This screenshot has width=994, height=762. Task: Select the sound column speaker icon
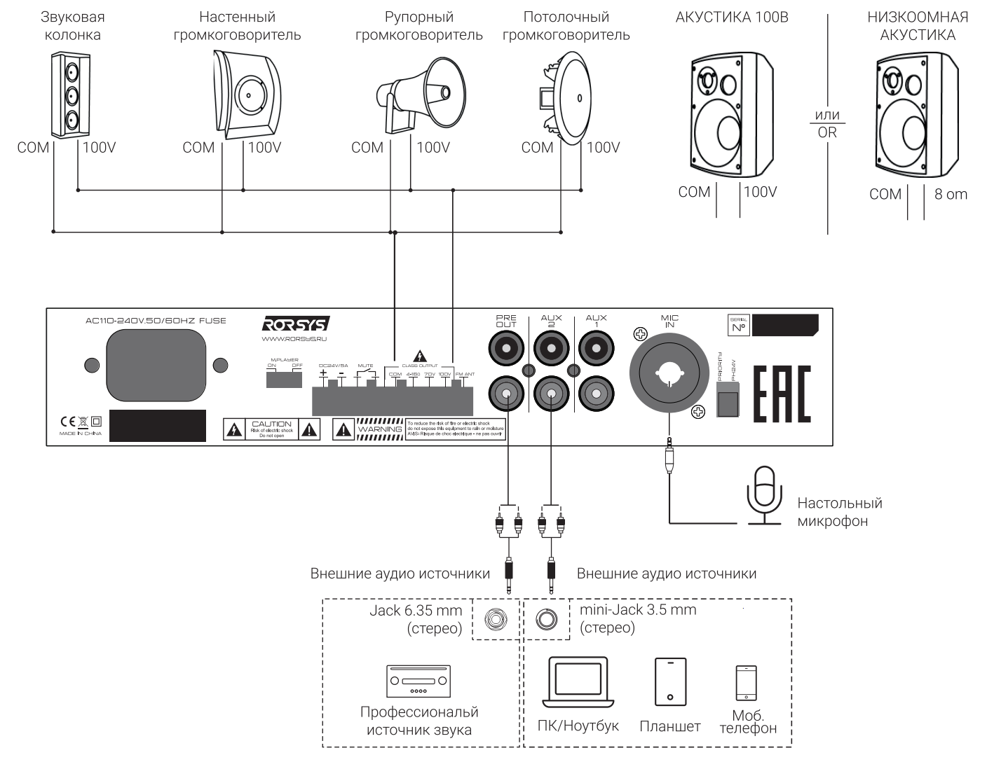70,96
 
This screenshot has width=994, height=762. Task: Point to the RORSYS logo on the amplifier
295,324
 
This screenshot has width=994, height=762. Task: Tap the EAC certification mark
782,394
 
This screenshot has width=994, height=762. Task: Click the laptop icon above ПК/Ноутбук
578,682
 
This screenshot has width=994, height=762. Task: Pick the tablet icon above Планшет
670,681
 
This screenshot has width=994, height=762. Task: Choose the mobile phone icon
746,682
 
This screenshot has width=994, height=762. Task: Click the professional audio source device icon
418,680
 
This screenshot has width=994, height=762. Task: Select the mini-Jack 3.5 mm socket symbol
546,619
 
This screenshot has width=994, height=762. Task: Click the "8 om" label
951,194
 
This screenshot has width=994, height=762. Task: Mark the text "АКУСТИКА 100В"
731,18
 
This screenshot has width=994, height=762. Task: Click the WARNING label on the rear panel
379,429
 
